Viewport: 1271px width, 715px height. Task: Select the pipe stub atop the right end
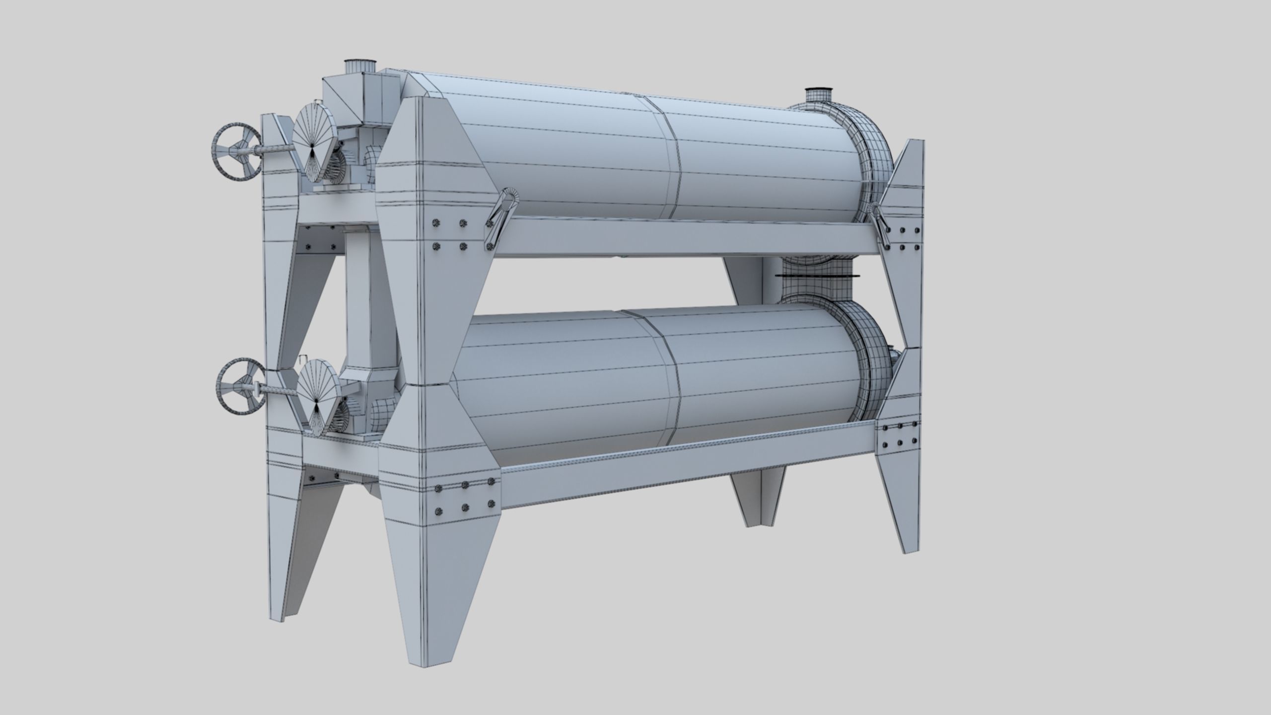pos(818,95)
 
